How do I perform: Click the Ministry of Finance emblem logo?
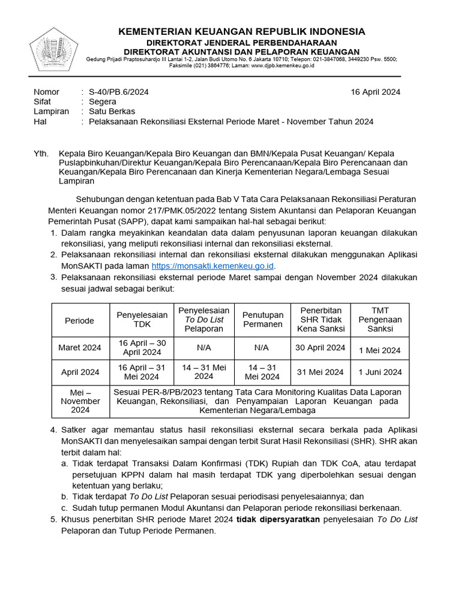click(x=54, y=49)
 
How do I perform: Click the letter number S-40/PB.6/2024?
click(x=118, y=92)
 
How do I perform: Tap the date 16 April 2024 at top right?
click(x=375, y=92)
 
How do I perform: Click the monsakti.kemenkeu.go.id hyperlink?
click(x=212, y=266)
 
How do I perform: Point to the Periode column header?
click(x=80, y=320)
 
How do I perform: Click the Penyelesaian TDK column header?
click(x=142, y=320)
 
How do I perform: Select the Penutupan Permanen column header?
click(x=262, y=320)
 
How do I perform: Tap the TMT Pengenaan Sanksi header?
click(x=380, y=320)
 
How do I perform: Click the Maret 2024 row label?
click(x=80, y=348)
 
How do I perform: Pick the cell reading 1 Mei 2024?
click(x=380, y=350)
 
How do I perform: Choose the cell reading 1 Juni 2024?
click(x=380, y=372)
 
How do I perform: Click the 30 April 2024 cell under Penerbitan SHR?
click(x=321, y=348)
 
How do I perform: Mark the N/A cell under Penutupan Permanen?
click(x=262, y=348)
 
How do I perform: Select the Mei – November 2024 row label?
click(x=80, y=401)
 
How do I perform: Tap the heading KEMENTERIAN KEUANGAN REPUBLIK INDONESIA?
click(x=241, y=31)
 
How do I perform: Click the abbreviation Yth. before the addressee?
click(x=41, y=153)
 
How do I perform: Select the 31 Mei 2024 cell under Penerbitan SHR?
click(x=321, y=372)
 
